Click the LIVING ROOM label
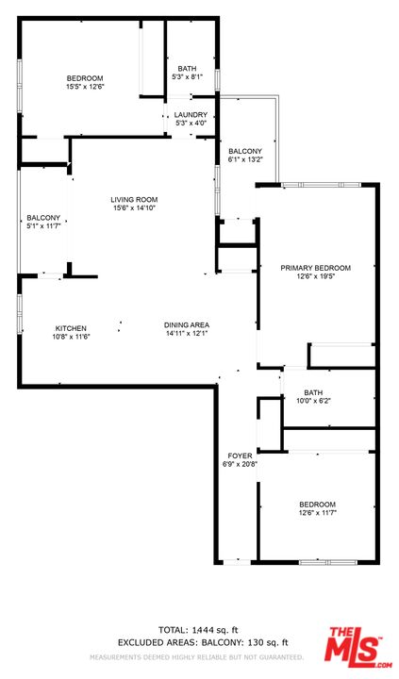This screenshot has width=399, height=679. click(134, 200)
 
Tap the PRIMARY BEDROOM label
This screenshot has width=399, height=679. click(315, 268)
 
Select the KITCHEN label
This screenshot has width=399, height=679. click(71, 328)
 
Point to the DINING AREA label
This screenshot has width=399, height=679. click(186, 324)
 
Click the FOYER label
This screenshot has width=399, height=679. click(240, 455)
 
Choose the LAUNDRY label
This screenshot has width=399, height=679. click(191, 115)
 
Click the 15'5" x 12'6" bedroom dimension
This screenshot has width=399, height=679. click(85, 86)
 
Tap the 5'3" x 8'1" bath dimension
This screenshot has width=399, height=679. click(187, 76)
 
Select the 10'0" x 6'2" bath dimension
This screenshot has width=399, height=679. click(313, 401)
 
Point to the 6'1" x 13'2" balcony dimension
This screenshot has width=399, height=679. click(245, 159)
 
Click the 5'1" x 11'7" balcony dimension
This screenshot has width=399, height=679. click(43, 225)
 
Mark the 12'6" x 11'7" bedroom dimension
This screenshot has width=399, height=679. click(318, 512)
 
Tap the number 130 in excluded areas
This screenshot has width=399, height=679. click(256, 642)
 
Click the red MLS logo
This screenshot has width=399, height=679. click(357, 647)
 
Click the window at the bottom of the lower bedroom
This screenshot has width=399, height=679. click(328, 562)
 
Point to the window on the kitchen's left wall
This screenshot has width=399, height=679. click(20, 314)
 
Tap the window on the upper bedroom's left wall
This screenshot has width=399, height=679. click(20, 86)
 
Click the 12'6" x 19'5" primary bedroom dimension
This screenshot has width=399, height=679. click(315, 275)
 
